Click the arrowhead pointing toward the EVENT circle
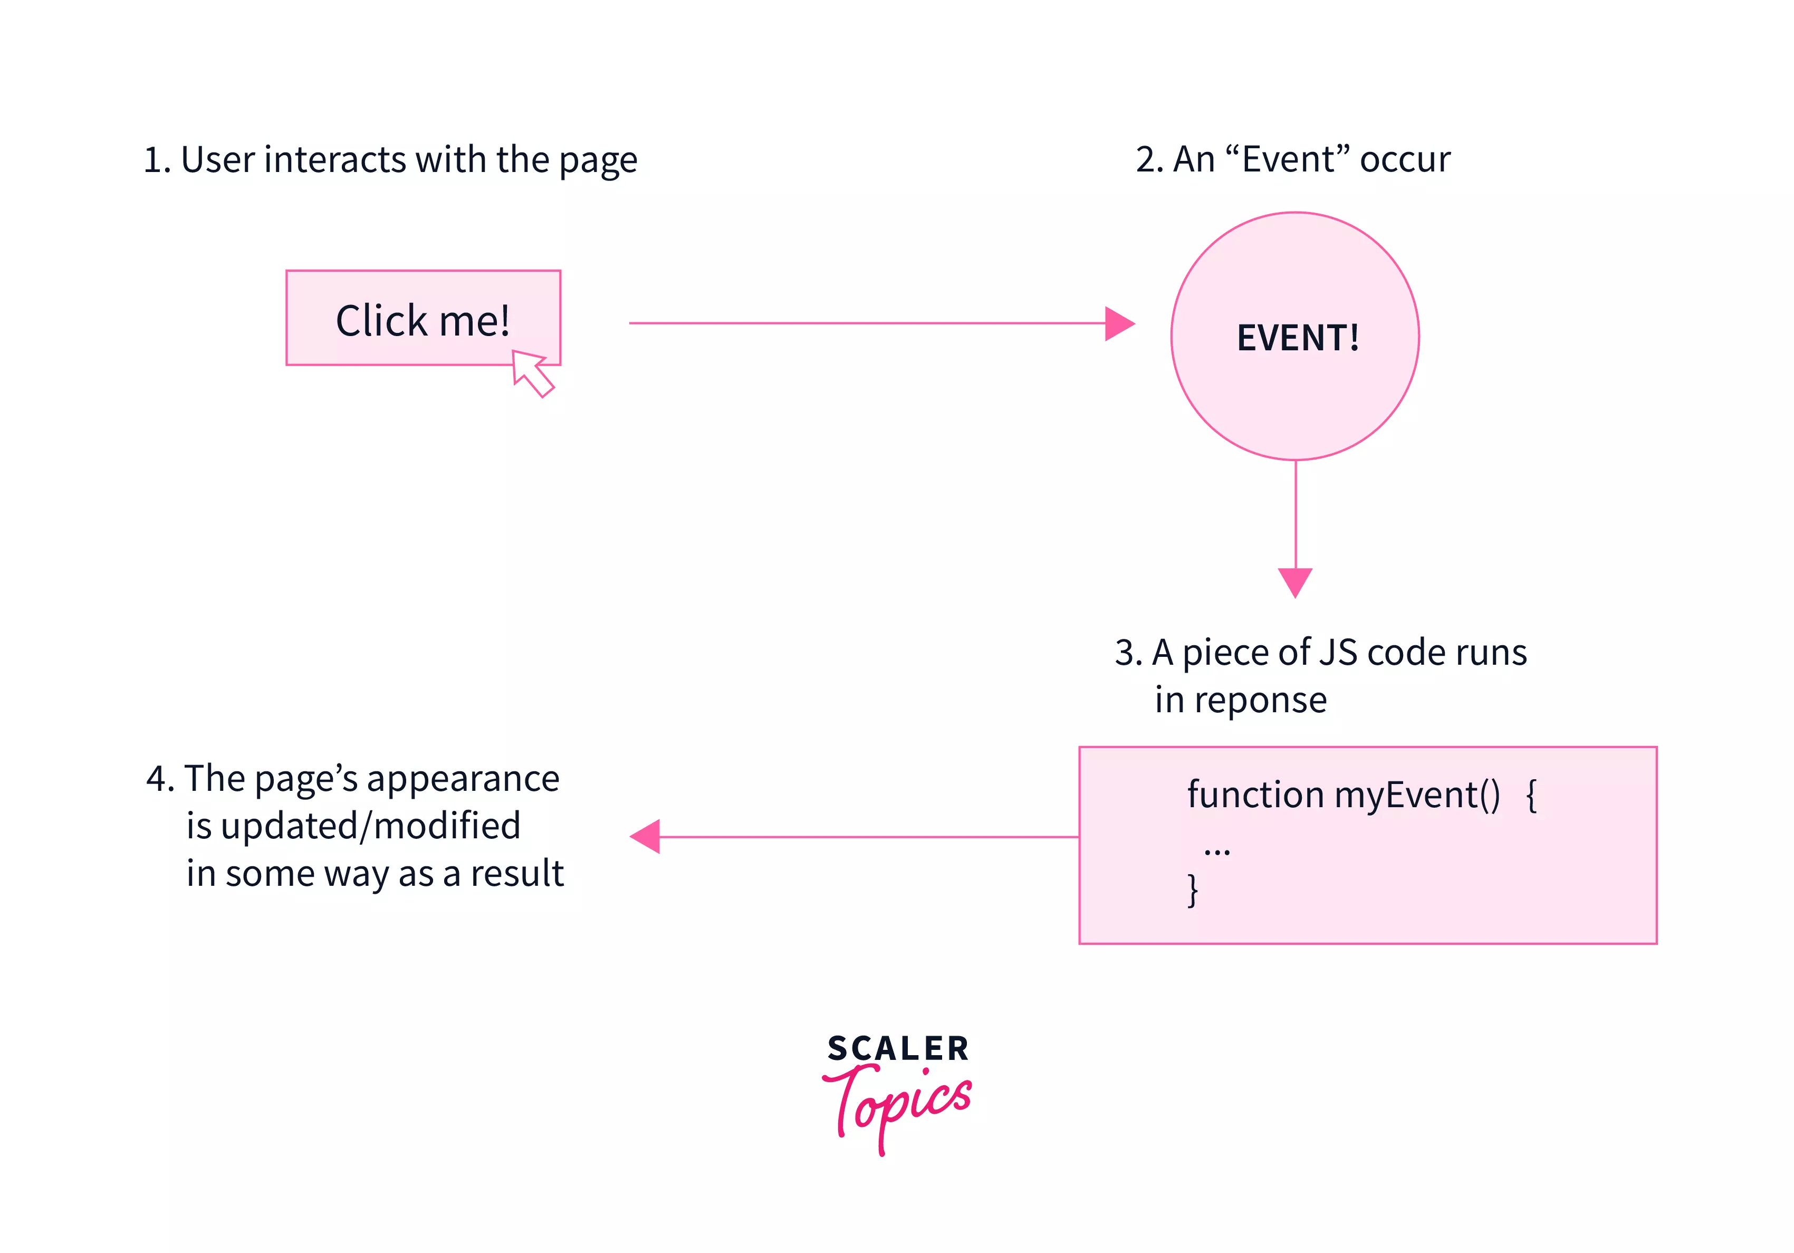click(x=1119, y=323)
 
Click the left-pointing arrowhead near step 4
click(x=646, y=836)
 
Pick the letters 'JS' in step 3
click(x=1337, y=652)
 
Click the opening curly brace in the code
click(x=1531, y=796)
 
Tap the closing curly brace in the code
click(x=1192, y=889)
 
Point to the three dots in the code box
click(x=1216, y=851)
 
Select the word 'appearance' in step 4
click(x=463, y=779)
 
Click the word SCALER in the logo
click(x=898, y=1048)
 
